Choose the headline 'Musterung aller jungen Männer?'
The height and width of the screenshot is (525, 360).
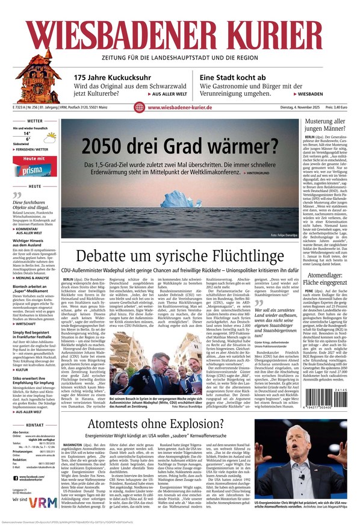[324, 125]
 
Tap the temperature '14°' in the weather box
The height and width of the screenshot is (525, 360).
[27, 133]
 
